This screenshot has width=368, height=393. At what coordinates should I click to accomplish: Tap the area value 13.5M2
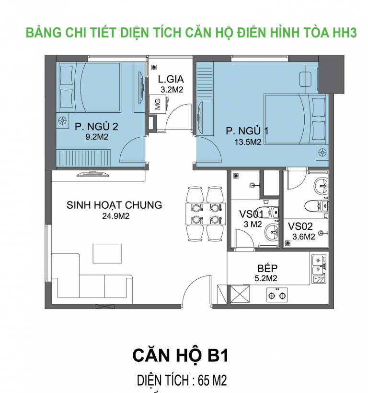click(x=243, y=142)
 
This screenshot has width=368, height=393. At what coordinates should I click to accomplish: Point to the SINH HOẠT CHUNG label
click(x=114, y=205)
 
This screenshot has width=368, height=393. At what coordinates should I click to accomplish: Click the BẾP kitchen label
click(x=267, y=268)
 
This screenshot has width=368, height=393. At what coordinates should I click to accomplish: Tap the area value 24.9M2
click(x=114, y=216)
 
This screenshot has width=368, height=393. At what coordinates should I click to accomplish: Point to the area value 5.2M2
click(x=267, y=278)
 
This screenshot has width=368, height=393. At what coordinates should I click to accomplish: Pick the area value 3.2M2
click(x=172, y=89)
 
